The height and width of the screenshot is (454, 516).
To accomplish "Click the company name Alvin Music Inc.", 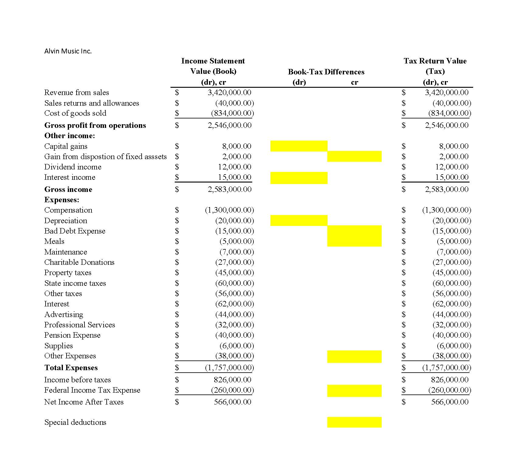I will pyautogui.click(x=68, y=51).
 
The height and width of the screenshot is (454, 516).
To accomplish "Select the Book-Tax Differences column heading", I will pyautogui.click(x=326, y=72).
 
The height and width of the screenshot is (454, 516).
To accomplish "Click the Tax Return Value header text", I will pyautogui.click(x=435, y=61).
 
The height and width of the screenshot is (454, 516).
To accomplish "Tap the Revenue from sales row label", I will pyautogui.click(x=76, y=93).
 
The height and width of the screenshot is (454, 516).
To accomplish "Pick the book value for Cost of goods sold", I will pyautogui.click(x=232, y=113).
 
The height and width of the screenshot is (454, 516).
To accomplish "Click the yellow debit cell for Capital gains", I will pyautogui.click(x=299, y=146).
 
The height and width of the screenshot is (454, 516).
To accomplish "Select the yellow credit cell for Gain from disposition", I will pyautogui.click(x=354, y=156).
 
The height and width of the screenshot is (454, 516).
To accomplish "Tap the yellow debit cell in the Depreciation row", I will pyautogui.click(x=299, y=220).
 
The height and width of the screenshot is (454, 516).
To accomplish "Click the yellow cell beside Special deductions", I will pyautogui.click(x=354, y=422).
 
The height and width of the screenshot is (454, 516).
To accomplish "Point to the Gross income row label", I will pyautogui.click(x=68, y=189).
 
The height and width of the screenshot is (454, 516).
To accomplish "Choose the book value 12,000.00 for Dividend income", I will pyautogui.click(x=234, y=167).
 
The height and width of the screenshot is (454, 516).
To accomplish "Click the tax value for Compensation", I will pyautogui.click(x=446, y=210).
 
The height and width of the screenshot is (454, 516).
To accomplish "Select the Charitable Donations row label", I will pyautogui.click(x=79, y=262).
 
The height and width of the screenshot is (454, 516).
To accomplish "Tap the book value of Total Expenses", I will pyautogui.click(x=229, y=368).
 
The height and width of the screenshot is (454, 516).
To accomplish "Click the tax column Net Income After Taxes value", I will pyautogui.click(x=449, y=402).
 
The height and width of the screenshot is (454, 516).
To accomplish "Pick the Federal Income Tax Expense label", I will pyautogui.click(x=92, y=390).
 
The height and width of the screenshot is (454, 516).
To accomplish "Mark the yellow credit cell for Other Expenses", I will pyautogui.click(x=354, y=357).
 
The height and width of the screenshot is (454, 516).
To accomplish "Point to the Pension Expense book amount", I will pyautogui.click(x=234, y=335).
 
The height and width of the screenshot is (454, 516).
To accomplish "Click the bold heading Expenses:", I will pyautogui.click(x=62, y=200).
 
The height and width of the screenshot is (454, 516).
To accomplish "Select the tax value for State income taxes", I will pyautogui.click(x=452, y=283).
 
